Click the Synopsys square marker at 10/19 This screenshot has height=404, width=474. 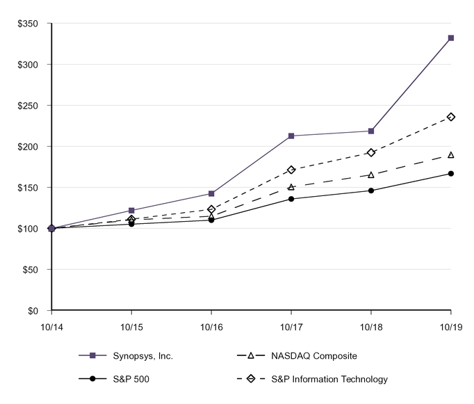point(451,38)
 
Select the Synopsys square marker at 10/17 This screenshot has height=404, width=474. point(291,136)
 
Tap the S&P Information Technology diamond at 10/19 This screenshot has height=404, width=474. point(451,117)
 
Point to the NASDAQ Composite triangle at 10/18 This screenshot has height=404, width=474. point(371,175)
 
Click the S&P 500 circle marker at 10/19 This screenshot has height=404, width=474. point(451,173)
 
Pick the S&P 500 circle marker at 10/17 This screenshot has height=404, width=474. point(291,199)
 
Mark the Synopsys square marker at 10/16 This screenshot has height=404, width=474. point(211,193)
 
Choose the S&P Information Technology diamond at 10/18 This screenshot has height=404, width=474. point(371,152)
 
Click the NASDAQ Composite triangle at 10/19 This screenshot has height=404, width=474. point(451,155)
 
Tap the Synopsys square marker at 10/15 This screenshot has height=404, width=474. point(131,210)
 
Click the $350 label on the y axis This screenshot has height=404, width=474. point(28,24)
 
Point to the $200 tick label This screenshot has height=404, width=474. point(28,147)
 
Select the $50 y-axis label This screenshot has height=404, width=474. point(30,270)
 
